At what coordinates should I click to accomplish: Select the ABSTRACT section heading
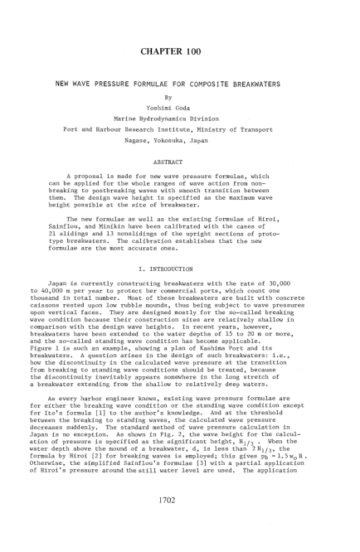(x=179, y=177)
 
